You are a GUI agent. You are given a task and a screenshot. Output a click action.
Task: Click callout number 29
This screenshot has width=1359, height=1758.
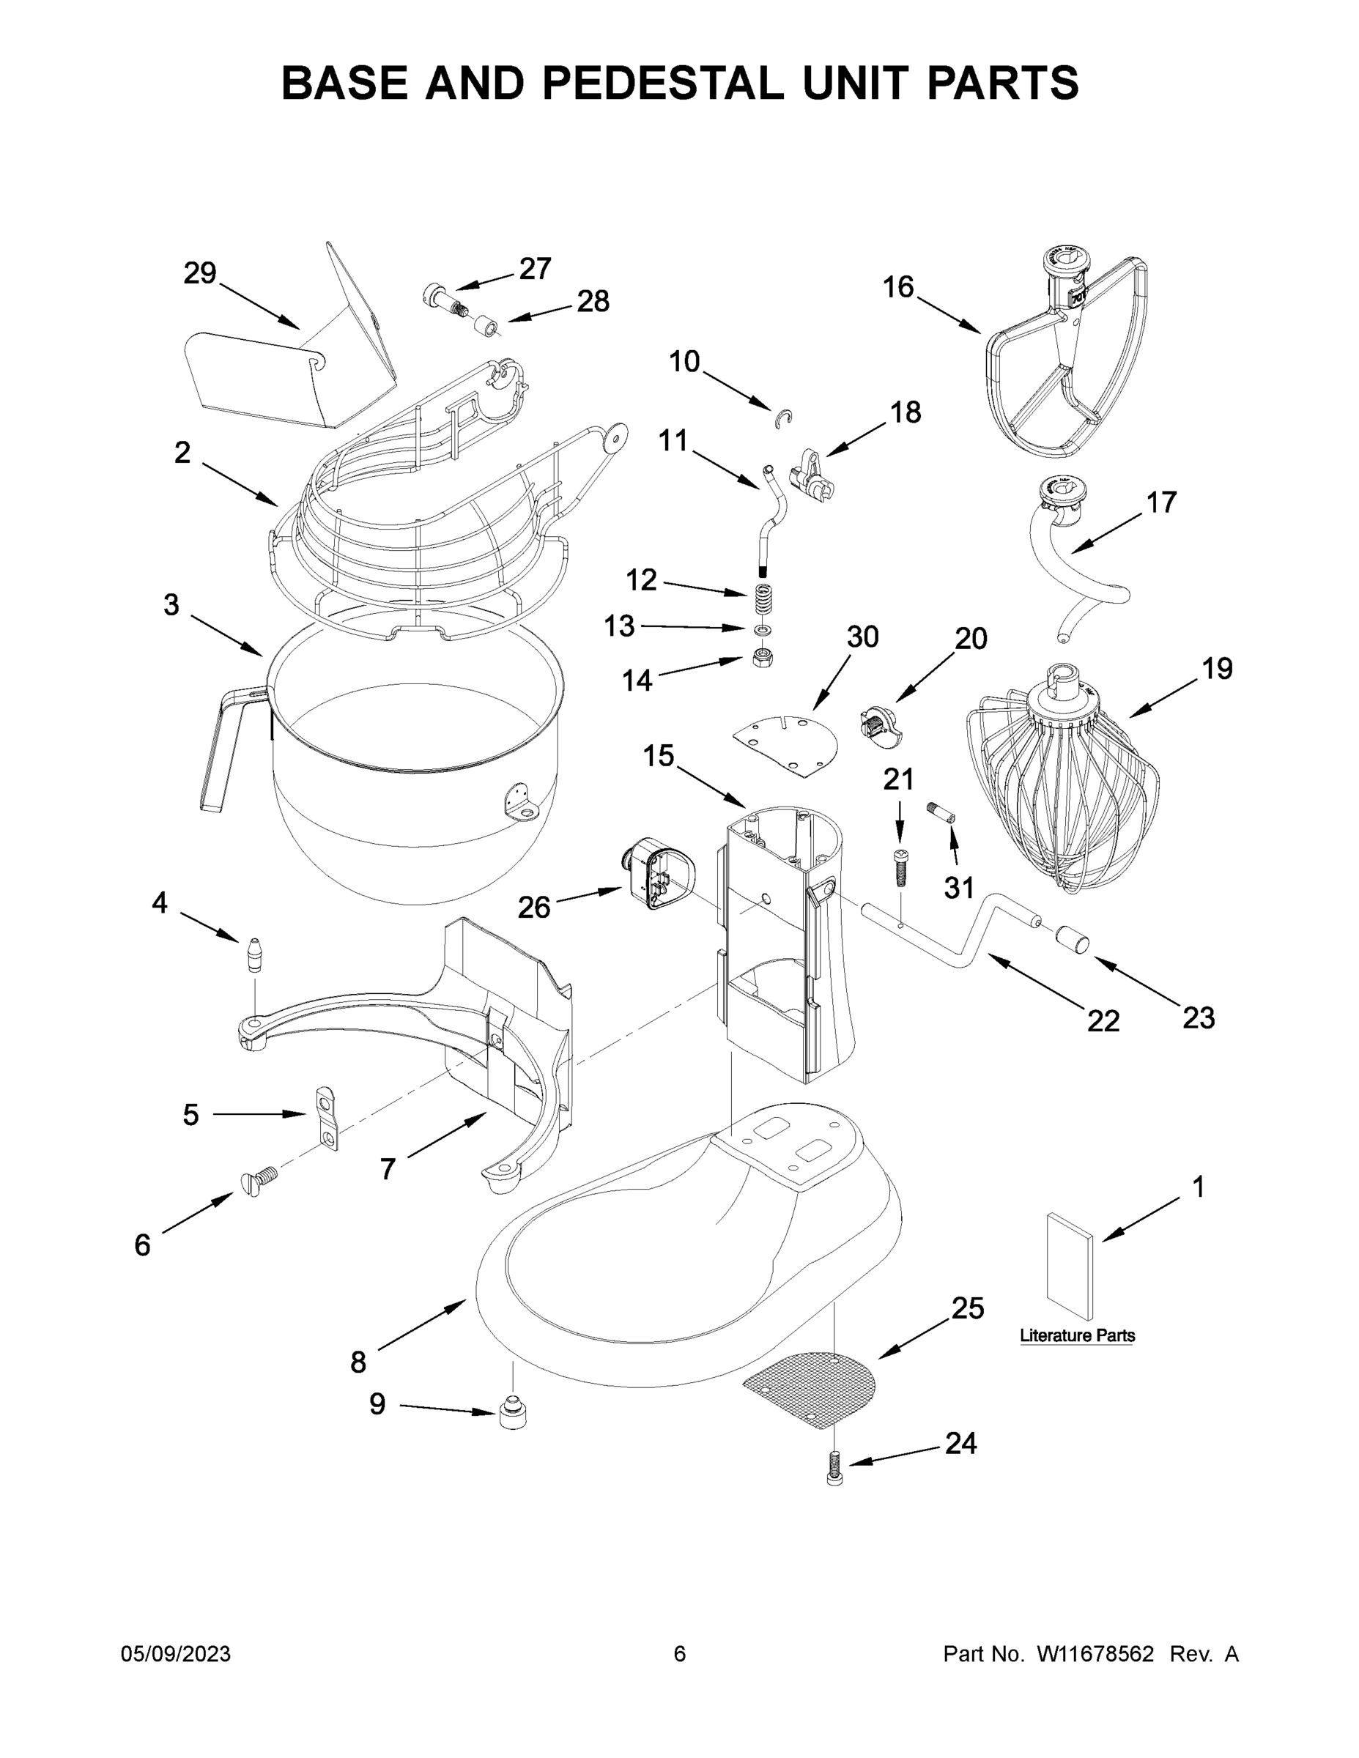click(200, 275)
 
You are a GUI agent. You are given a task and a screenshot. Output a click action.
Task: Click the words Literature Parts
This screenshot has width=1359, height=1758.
click(1077, 1335)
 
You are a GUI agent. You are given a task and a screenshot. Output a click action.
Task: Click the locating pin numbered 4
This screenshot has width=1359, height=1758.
click(255, 954)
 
